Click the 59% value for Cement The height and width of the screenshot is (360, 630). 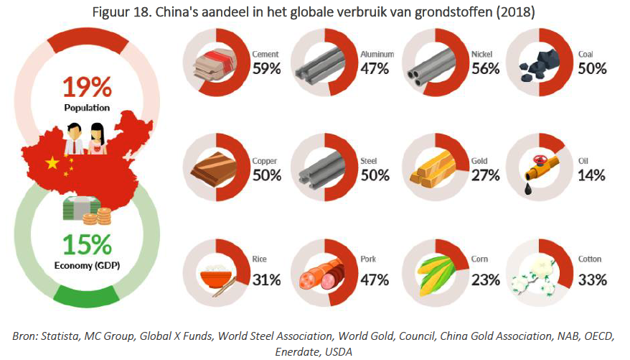tap(266, 69)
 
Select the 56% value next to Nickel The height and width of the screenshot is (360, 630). tap(486, 69)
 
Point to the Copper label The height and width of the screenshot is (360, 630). tap(265, 161)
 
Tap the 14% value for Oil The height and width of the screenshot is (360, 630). tap(592, 175)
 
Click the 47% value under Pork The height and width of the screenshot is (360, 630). tap(375, 280)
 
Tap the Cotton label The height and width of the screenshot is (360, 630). tap(590, 259)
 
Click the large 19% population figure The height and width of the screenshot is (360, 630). tap(86, 88)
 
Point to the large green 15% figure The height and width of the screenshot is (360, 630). tap(86, 246)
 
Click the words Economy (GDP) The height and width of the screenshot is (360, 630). tap(86, 266)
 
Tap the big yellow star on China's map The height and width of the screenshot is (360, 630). tap(52, 163)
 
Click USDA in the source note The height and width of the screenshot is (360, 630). tap(339, 351)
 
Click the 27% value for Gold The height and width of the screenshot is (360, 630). tap(486, 175)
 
